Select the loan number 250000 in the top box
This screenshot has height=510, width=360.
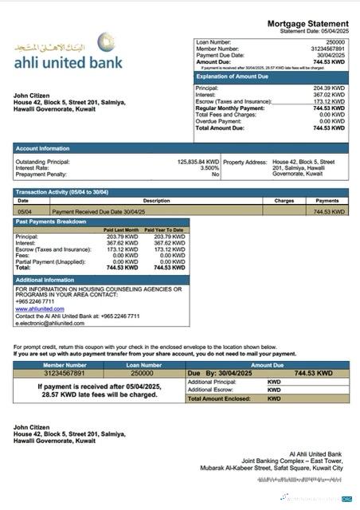click(335, 41)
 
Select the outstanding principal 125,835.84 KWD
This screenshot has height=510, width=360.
click(198, 162)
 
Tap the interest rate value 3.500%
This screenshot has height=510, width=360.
click(209, 168)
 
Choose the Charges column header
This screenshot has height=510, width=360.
click(284, 201)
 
